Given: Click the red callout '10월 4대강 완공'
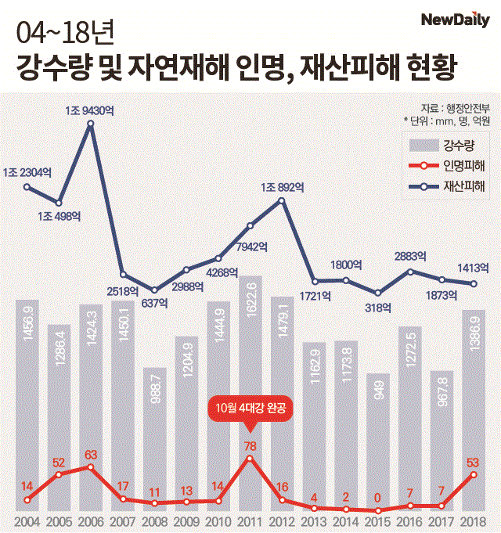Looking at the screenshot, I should (250, 408).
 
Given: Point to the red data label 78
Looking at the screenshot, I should (250, 446).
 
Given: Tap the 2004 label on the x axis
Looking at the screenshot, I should (27, 521).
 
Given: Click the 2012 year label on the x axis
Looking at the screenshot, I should (282, 521).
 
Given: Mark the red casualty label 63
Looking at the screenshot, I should (90, 455).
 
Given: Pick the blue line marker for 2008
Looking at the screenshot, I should (154, 290).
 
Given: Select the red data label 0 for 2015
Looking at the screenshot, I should (378, 498).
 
